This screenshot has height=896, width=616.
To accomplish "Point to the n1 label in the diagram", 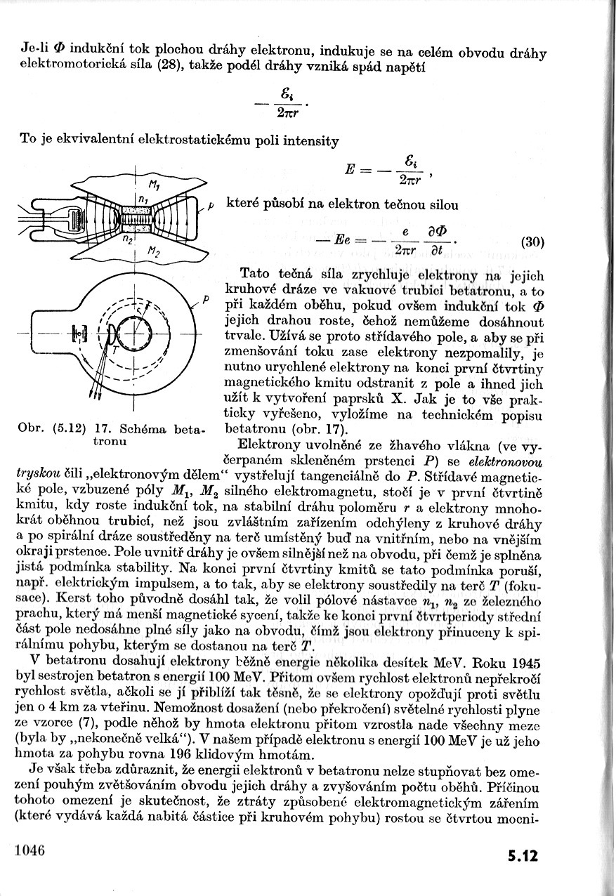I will (142, 199).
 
